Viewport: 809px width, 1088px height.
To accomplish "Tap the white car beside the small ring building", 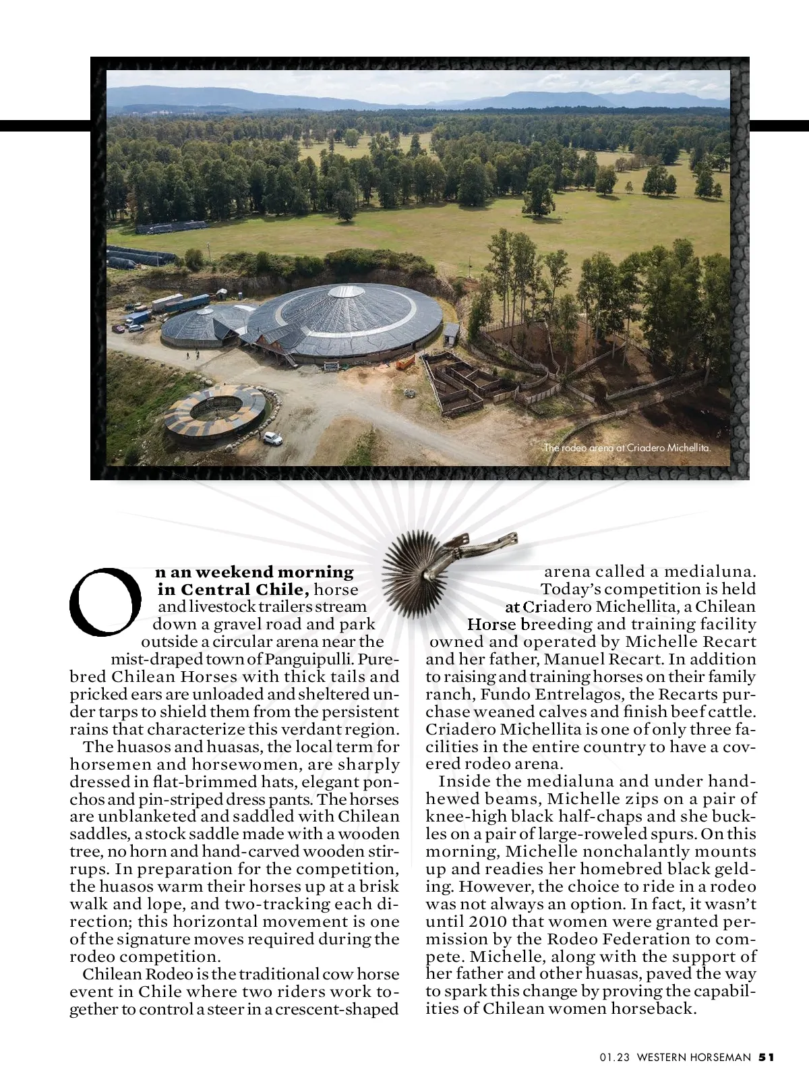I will [x=272, y=438].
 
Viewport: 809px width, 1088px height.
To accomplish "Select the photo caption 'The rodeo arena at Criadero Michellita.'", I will [x=628, y=447].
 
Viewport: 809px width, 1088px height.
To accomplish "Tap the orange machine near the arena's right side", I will [x=404, y=363].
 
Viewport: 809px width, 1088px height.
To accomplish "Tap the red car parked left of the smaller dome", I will [x=119, y=328].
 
